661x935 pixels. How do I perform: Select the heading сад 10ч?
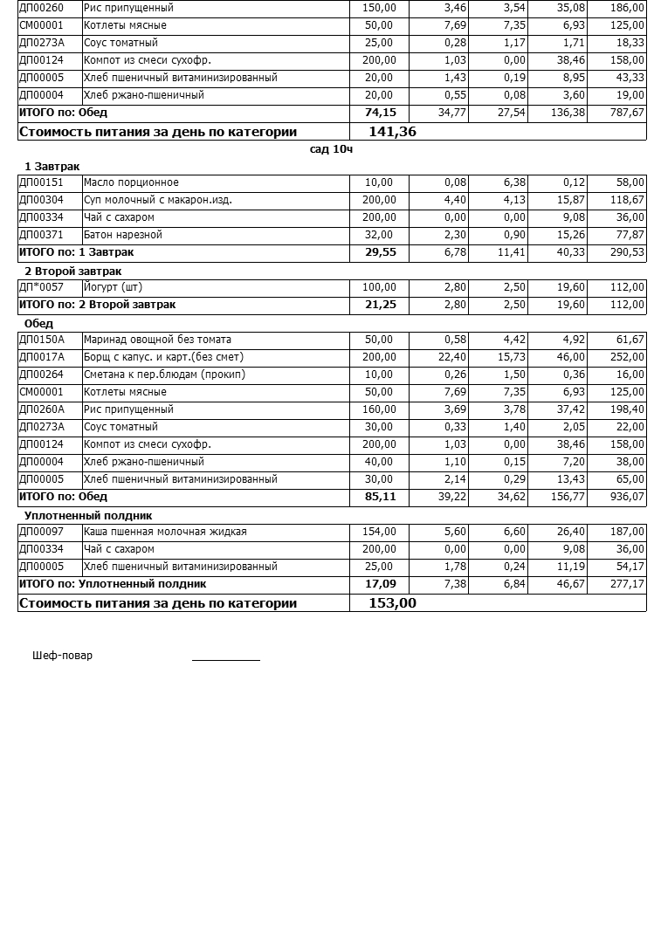(331, 149)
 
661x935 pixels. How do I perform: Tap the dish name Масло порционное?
(131, 182)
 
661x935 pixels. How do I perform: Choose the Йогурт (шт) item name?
(113, 287)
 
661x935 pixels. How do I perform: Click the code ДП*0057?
(41, 287)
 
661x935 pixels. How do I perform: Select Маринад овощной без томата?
(157, 340)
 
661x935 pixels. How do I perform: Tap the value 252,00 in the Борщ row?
(627, 357)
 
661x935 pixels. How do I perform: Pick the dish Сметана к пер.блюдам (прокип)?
(164, 375)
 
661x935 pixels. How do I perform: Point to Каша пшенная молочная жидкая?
(165, 532)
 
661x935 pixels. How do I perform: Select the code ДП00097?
(41, 532)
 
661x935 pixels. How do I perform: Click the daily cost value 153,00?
(393, 603)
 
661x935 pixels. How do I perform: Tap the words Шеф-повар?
(62, 656)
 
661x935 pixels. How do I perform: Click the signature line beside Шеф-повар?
(225, 659)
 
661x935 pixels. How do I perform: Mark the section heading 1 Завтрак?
(52, 167)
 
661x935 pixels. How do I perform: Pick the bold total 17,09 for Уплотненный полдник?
(380, 584)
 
